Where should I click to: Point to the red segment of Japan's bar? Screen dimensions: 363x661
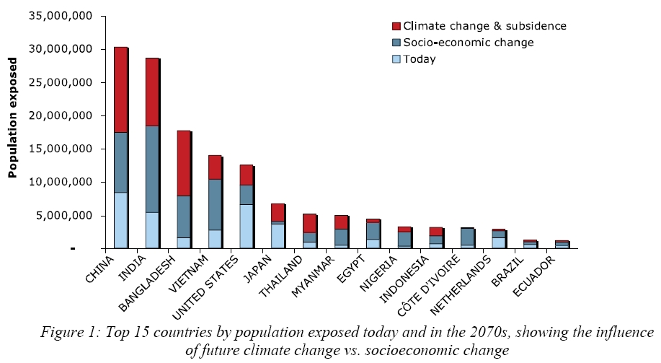[x=278, y=212]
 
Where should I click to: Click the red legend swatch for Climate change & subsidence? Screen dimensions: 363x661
[x=395, y=26]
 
